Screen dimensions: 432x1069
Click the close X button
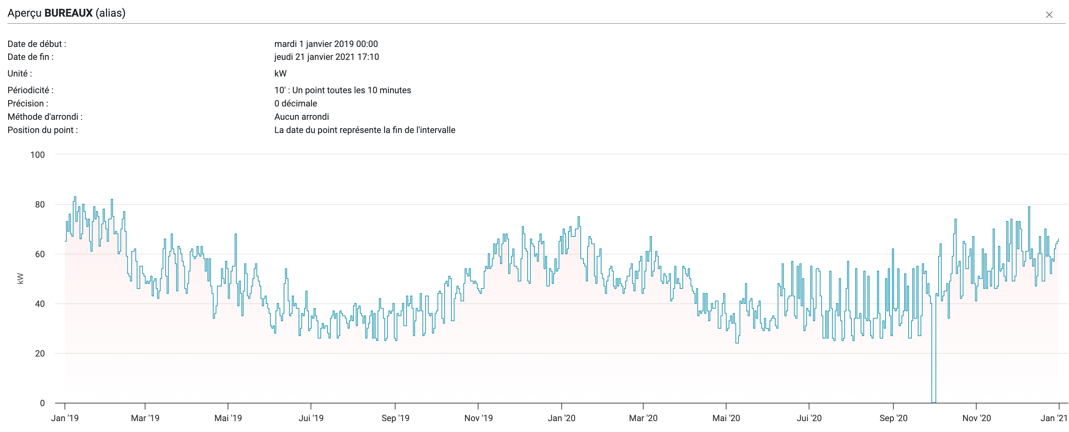[x=1049, y=15]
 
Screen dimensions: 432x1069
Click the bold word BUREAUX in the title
[x=69, y=13]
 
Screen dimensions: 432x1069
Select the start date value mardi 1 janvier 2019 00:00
[x=326, y=44]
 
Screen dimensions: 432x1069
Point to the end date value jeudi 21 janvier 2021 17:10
[x=326, y=57]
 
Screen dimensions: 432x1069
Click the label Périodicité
[x=30, y=90]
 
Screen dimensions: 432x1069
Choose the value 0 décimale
[x=296, y=103]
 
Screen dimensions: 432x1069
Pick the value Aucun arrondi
[x=301, y=117]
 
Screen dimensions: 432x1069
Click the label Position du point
[x=42, y=130]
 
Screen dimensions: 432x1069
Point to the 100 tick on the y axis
[x=37, y=155]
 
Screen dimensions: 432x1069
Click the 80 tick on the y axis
[x=39, y=204]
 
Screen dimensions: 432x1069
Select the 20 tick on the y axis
[x=39, y=353]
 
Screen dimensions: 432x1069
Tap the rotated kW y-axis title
[x=20, y=278]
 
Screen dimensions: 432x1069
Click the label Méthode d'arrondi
[x=45, y=117]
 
